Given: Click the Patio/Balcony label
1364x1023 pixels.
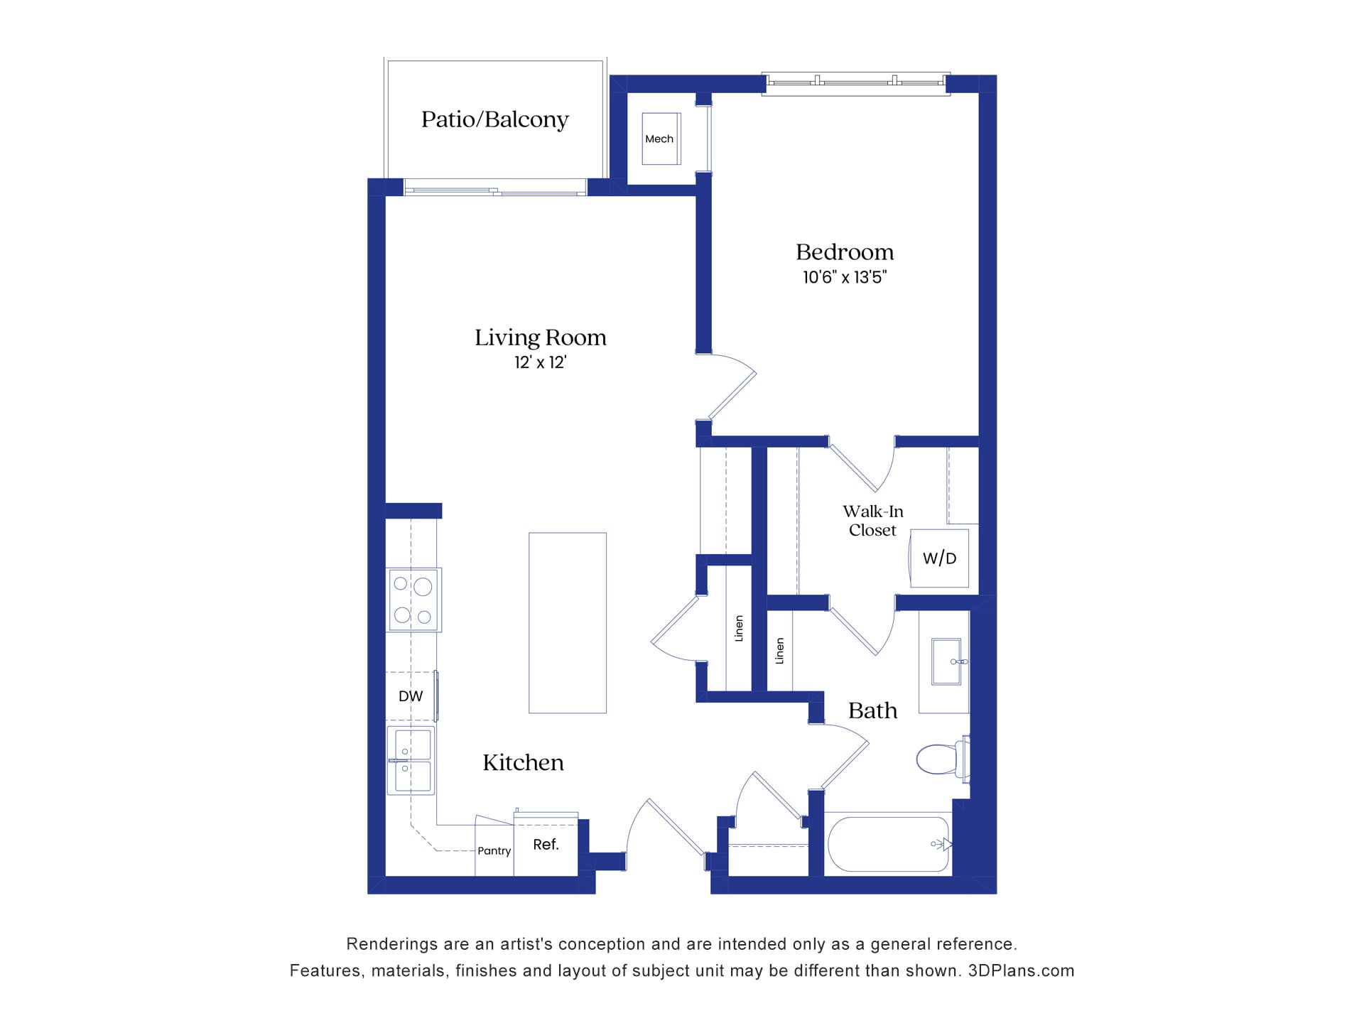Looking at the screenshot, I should point(494,119).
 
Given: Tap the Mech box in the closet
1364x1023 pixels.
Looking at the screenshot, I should point(660,139).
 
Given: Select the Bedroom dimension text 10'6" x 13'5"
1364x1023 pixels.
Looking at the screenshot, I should point(845,278).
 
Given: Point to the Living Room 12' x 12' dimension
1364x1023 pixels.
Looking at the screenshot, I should point(540,363).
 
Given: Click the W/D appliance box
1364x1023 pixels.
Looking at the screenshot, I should point(939,558).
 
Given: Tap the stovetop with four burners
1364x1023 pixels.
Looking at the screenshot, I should point(413,600).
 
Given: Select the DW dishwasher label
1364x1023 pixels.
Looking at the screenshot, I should point(411,696).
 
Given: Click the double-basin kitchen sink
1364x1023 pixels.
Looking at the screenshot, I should point(411,760).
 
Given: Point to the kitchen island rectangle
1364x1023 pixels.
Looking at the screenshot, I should point(567,623).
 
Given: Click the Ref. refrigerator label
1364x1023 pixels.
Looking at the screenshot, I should point(546,845).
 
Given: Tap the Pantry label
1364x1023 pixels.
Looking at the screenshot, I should point(494,851).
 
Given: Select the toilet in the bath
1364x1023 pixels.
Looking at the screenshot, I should point(942,759).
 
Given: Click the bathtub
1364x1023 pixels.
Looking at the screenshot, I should point(888,845).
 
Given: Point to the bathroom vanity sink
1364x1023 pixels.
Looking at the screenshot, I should point(946,661).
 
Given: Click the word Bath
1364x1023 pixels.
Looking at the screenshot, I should point(872,711).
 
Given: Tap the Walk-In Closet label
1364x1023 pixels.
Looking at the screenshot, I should point(872,521).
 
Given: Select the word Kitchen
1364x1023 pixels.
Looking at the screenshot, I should point(523,763).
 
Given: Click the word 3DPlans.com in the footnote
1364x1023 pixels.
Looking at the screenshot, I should point(1021,971).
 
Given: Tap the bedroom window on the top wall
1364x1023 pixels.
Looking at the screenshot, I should point(855,83).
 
